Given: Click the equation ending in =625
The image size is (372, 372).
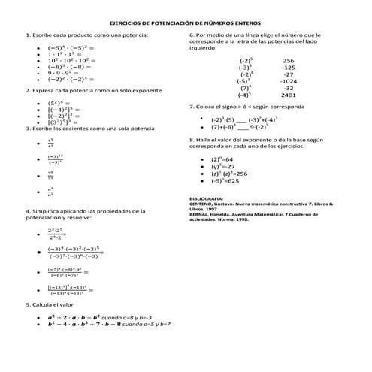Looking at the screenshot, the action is [x=225, y=181].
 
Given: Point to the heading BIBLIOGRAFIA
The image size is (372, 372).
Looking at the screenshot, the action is [x=207, y=198].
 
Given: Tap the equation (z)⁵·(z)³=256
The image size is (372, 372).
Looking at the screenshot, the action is [x=228, y=174].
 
